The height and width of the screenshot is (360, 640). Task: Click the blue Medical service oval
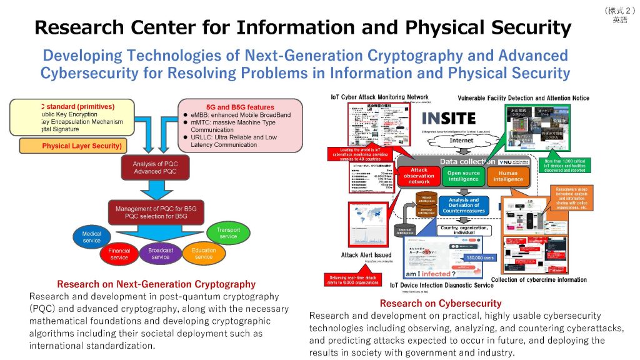[x=92, y=236]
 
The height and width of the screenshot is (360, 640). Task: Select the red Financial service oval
[x=119, y=254]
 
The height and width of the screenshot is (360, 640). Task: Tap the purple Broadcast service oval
[x=161, y=253]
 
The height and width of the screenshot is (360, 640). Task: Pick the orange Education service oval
[x=204, y=253]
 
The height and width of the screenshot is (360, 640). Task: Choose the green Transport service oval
[x=228, y=232]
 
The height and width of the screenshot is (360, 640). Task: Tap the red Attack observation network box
[x=419, y=176]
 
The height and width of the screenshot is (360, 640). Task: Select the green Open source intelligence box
[x=463, y=176]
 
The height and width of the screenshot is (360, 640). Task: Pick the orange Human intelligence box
[x=508, y=176]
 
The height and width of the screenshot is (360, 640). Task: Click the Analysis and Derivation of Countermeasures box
[x=463, y=205]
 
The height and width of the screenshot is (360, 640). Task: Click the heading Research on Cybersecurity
[x=440, y=304]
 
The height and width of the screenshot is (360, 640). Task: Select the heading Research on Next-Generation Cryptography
[x=156, y=284]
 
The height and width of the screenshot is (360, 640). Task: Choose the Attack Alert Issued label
[x=366, y=255]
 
